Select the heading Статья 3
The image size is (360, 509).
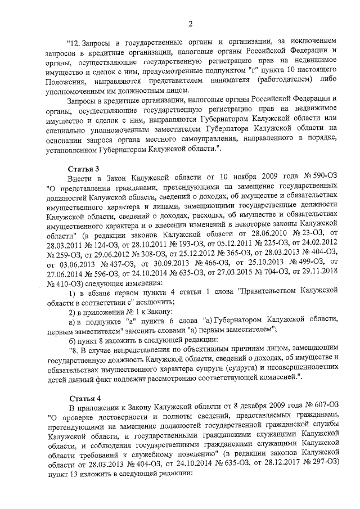coord(83,168)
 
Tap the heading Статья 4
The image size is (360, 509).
coord(83,397)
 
